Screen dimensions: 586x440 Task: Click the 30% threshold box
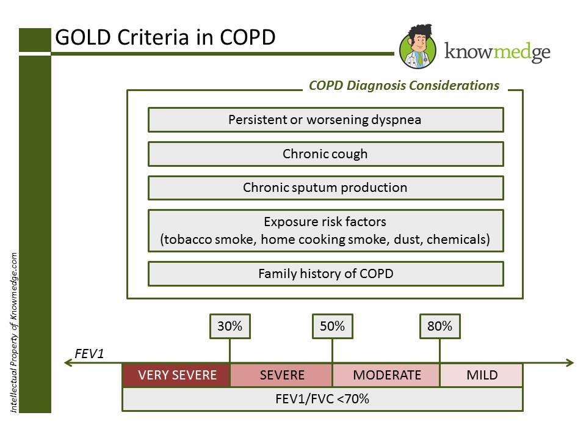tap(230, 326)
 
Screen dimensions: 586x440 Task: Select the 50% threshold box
tap(332, 326)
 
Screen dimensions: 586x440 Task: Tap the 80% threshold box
tap(440, 326)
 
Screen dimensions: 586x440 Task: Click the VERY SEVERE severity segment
tap(176, 375)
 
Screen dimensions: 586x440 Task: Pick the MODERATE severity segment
tap(386, 375)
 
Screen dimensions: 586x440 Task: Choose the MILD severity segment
tap(482, 375)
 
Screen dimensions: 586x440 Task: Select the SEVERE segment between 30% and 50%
tap(281, 375)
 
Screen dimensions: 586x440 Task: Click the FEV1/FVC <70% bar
tap(322, 399)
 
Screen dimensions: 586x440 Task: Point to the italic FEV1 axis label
tap(89, 354)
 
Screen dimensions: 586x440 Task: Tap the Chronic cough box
tap(325, 154)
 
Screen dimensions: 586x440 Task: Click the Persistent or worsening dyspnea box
tap(325, 120)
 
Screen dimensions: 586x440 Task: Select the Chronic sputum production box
tap(325, 188)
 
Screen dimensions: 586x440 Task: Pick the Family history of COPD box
tap(325, 274)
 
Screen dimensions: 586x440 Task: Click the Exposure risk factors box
tap(325, 230)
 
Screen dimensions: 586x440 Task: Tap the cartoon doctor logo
tap(418, 47)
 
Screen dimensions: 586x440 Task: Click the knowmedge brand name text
tap(497, 52)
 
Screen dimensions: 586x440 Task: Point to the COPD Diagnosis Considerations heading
tap(404, 86)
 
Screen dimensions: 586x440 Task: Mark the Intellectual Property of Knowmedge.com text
tap(14, 332)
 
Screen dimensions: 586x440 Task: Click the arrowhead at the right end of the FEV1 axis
tap(570, 362)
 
